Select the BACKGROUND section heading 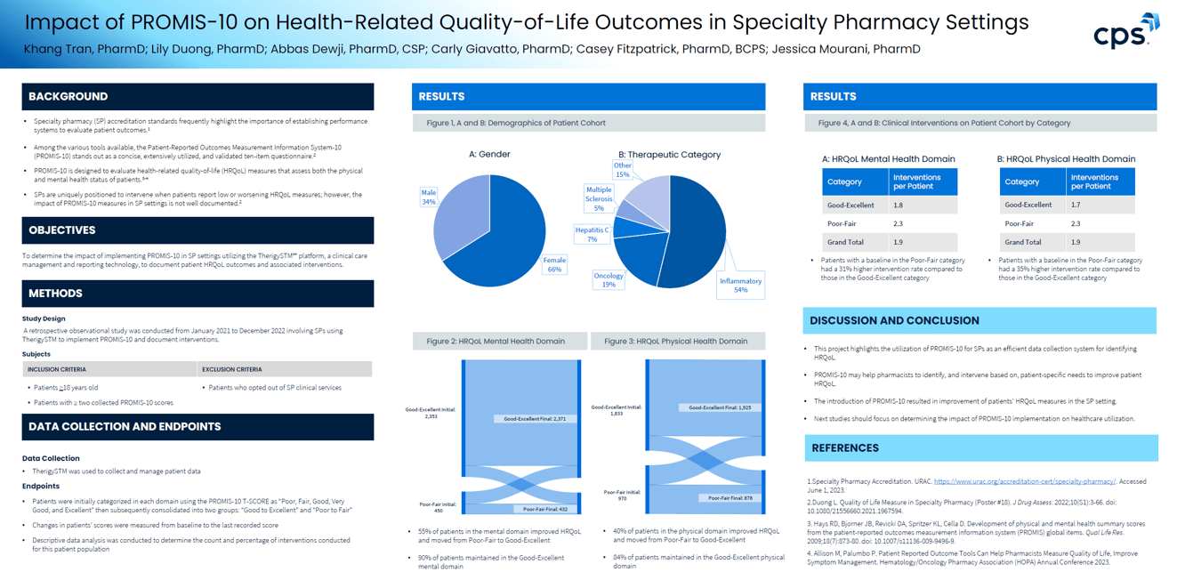point(68,96)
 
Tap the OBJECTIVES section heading point(61,230)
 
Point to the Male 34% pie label point(429,196)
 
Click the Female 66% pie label point(554,264)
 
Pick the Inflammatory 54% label point(740,285)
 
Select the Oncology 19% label point(609,279)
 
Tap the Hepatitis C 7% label point(592,234)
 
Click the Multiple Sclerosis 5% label point(599,198)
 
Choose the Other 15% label point(623,169)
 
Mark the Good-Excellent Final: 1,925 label point(721,407)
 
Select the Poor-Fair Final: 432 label point(545,509)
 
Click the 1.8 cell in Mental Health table point(899,205)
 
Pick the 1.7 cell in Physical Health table point(1076,205)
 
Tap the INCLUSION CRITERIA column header point(57,369)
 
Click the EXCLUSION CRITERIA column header point(231,369)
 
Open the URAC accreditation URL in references point(1024,481)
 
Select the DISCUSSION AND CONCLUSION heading point(894,320)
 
